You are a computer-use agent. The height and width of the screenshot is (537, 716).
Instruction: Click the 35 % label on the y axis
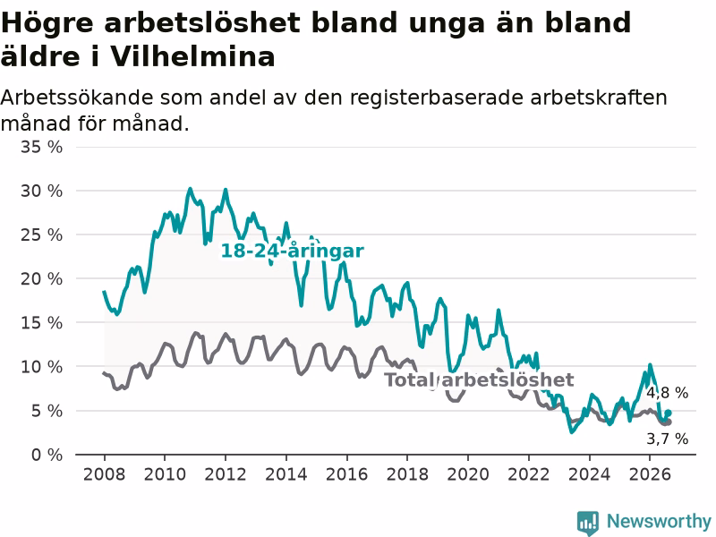tap(41, 147)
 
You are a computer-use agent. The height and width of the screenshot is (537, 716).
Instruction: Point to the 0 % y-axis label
tap(47, 455)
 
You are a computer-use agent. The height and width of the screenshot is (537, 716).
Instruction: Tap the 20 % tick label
tap(41, 278)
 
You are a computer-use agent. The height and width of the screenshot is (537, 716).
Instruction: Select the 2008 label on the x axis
tap(104, 474)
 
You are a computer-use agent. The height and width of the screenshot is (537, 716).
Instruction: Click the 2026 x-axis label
tap(650, 474)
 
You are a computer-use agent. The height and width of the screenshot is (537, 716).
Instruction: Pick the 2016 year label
tap(346, 474)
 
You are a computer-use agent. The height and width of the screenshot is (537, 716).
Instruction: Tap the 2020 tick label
tap(468, 474)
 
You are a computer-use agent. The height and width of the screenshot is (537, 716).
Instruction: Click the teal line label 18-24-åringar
tap(293, 251)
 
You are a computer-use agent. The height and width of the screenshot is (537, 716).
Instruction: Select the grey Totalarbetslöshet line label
tap(479, 379)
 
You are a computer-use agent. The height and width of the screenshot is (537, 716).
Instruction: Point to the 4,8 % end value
tap(667, 393)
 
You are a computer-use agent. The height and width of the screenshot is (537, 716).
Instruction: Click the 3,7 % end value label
tap(667, 439)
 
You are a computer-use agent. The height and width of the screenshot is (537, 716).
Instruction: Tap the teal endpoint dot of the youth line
tap(668, 413)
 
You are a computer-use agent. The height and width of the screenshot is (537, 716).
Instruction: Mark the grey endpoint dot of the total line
tap(669, 422)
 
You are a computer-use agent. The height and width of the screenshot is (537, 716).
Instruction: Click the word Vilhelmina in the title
tap(192, 57)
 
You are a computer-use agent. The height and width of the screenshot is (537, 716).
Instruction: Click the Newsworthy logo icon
tap(588, 523)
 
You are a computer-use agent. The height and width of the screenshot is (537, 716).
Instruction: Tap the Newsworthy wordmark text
tap(659, 521)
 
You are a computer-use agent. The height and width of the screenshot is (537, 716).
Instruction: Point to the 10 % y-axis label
tap(41, 367)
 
